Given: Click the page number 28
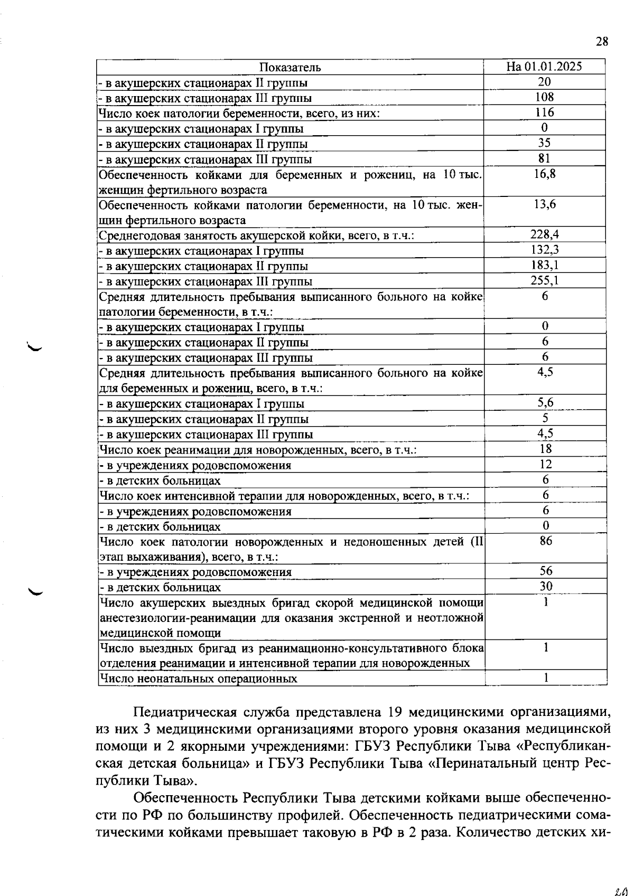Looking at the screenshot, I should click(x=602, y=42).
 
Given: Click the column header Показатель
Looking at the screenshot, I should click(x=290, y=67).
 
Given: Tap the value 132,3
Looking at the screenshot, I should click(x=545, y=250).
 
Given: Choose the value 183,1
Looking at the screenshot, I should click(x=545, y=266).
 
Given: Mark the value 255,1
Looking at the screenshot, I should click(x=545, y=281).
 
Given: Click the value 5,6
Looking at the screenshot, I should click(x=545, y=403).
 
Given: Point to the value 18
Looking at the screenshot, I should click(x=546, y=449).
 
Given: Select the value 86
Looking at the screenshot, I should click(x=546, y=541).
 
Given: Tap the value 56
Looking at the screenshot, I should click(x=546, y=571).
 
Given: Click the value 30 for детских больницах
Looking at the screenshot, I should click(x=546, y=587).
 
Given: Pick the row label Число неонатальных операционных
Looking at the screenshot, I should click(x=198, y=679).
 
